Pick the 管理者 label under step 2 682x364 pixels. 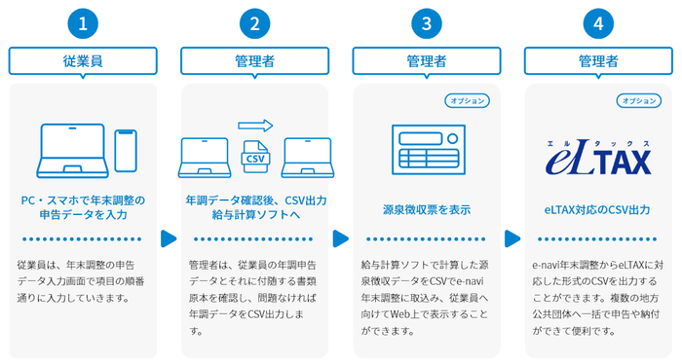(254, 61)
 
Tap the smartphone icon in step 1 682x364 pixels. (125, 149)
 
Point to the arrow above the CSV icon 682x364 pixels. (255, 125)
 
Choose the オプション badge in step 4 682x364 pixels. (639, 100)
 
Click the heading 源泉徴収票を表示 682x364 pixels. (426, 208)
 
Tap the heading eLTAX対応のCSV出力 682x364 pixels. (597, 208)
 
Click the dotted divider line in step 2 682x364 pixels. (254, 238)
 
